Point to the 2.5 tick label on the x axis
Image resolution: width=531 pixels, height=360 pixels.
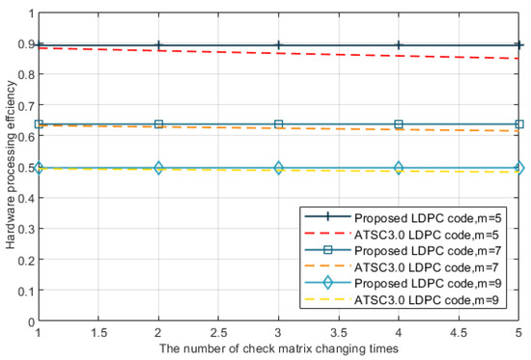[x=219, y=333]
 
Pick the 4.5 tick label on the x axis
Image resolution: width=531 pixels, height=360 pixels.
[x=460, y=333]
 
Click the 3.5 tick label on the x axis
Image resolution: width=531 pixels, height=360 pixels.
[x=339, y=333]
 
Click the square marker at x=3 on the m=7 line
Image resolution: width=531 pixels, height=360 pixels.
[x=279, y=125]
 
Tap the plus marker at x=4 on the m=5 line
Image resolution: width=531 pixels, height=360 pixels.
[x=399, y=45]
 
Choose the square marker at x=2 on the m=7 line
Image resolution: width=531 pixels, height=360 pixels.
[x=159, y=125]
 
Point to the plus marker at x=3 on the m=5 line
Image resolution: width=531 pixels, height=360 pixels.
[x=279, y=45]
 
